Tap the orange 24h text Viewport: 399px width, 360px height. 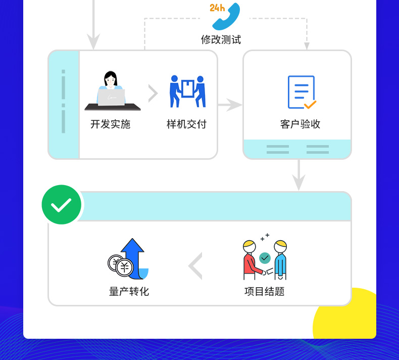(x=217, y=8)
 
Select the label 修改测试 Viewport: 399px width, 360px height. (x=221, y=39)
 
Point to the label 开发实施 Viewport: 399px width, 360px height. (x=110, y=124)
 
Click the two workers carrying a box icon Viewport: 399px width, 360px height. (x=187, y=91)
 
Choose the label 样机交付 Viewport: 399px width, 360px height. (x=186, y=124)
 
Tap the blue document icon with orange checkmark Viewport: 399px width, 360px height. (x=301, y=92)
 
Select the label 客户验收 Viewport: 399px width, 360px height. (x=300, y=124)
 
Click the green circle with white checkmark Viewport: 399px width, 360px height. (x=61, y=204)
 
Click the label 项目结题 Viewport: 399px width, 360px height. (x=264, y=292)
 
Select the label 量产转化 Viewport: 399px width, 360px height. (x=129, y=292)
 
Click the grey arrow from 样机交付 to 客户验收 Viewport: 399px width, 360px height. (x=230, y=105)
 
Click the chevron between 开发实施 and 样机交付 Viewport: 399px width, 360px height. (x=153, y=94)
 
